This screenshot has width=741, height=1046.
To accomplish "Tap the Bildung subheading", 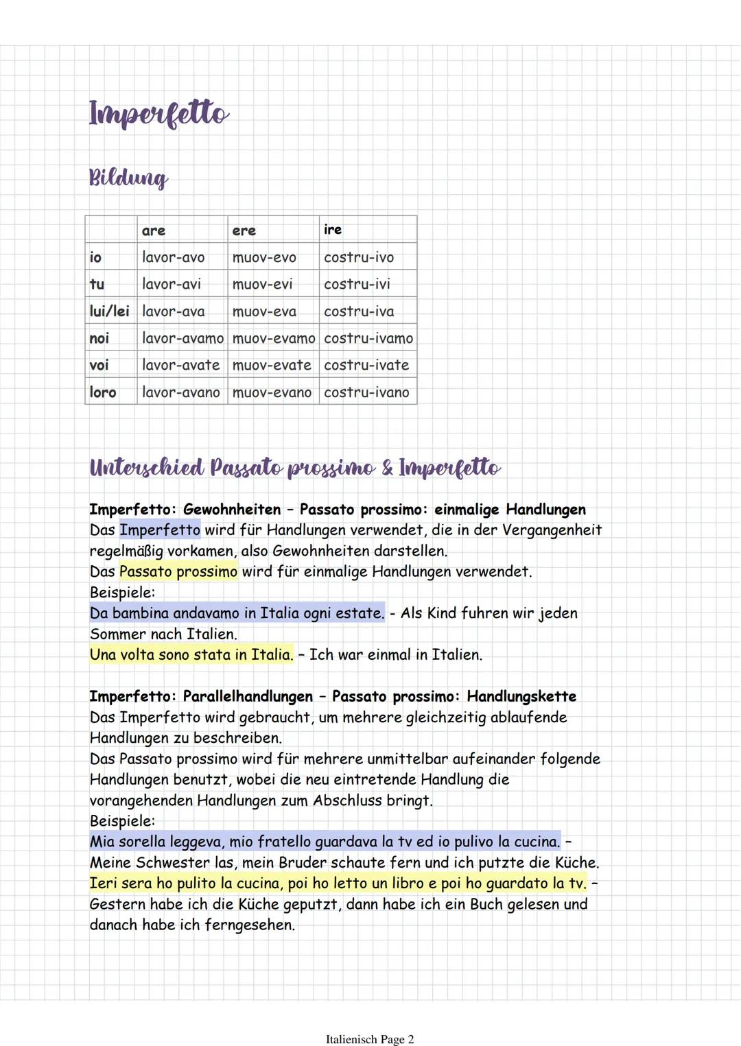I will coord(128,178).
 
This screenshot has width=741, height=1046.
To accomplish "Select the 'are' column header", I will coord(153,230).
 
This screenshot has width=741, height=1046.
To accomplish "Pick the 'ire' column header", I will coord(333,230).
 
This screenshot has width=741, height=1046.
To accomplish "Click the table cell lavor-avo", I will coord(173,257).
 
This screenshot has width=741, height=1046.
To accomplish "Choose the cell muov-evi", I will coord(262,284).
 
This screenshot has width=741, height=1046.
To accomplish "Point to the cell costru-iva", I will coord(359,311).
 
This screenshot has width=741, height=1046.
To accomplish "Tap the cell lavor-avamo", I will coord(183,338).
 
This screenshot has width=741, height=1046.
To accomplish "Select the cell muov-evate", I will coord(272,365).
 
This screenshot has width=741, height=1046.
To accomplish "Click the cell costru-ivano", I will coord(366,392).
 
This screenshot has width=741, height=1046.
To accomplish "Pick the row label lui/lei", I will coord(109,311).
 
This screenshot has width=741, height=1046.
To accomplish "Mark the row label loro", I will coord(103,392).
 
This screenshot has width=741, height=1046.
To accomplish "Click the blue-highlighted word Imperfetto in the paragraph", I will coord(160,530).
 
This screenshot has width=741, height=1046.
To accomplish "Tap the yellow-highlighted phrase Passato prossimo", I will coord(178,571).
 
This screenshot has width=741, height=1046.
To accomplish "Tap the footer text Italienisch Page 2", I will coord(370,1039).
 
